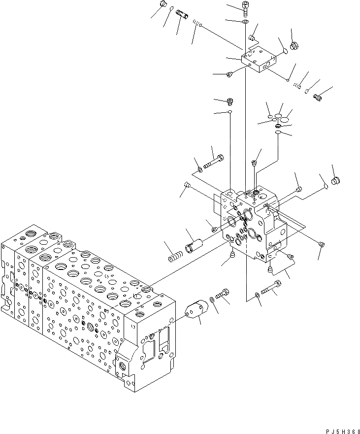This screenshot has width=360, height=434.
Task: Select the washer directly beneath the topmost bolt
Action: pyautogui.click(x=245, y=22)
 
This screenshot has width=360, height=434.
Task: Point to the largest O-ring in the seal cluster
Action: pyautogui.click(x=284, y=118)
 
